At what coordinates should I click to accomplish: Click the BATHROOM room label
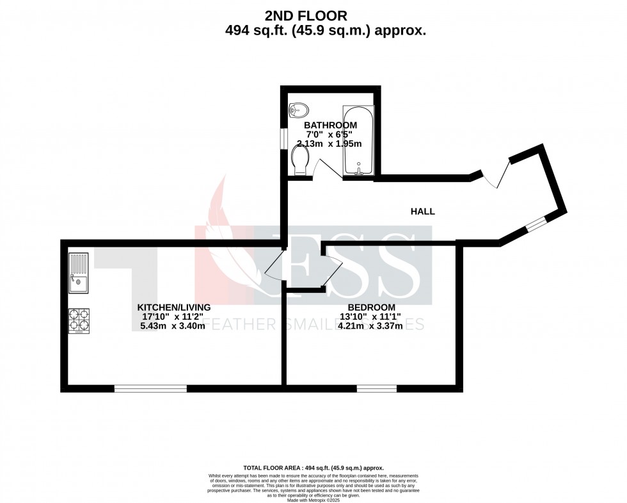coord(330,125)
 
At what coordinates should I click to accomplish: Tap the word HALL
coord(422,211)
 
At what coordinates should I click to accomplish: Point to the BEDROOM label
coord(371,307)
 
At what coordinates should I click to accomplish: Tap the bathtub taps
coord(359,171)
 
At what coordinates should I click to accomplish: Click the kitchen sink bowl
coord(79,281)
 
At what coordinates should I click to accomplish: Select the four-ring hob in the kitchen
coord(79,320)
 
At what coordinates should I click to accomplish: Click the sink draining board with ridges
coord(79,263)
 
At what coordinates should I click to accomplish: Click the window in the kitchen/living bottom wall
coord(151,388)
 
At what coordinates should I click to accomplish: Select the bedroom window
coord(376,388)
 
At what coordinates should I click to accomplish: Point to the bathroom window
coord(283,138)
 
